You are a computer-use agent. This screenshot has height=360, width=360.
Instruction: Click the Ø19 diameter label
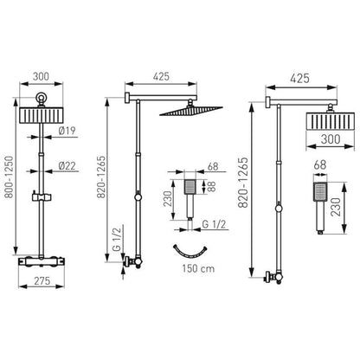click(67, 131)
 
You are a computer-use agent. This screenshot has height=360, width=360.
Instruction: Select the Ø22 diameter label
click(67, 166)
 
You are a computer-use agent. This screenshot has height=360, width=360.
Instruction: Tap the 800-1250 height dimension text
click(10, 177)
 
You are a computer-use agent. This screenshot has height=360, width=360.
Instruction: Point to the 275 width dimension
click(42, 280)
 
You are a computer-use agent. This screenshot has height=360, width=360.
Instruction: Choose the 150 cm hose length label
click(198, 268)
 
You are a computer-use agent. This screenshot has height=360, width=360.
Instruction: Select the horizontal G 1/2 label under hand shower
click(214, 224)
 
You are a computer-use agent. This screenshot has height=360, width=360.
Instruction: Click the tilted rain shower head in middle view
click(191, 111)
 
